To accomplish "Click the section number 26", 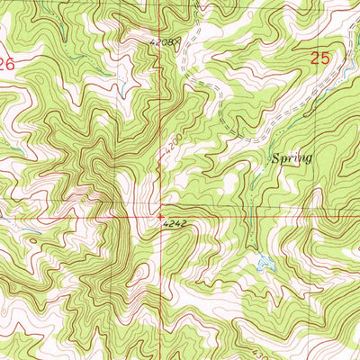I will [x=7, y=64].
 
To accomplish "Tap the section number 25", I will [x=320, y=58].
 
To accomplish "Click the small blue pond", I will [x=264, y=264].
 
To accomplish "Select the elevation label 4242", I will [x=177, y=228].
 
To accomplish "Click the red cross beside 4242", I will [x=162, y=216].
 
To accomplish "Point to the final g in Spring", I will [x=308, y=160].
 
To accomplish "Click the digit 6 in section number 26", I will [x=12, y=64].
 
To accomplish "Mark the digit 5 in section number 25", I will [x=326, y=58].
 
